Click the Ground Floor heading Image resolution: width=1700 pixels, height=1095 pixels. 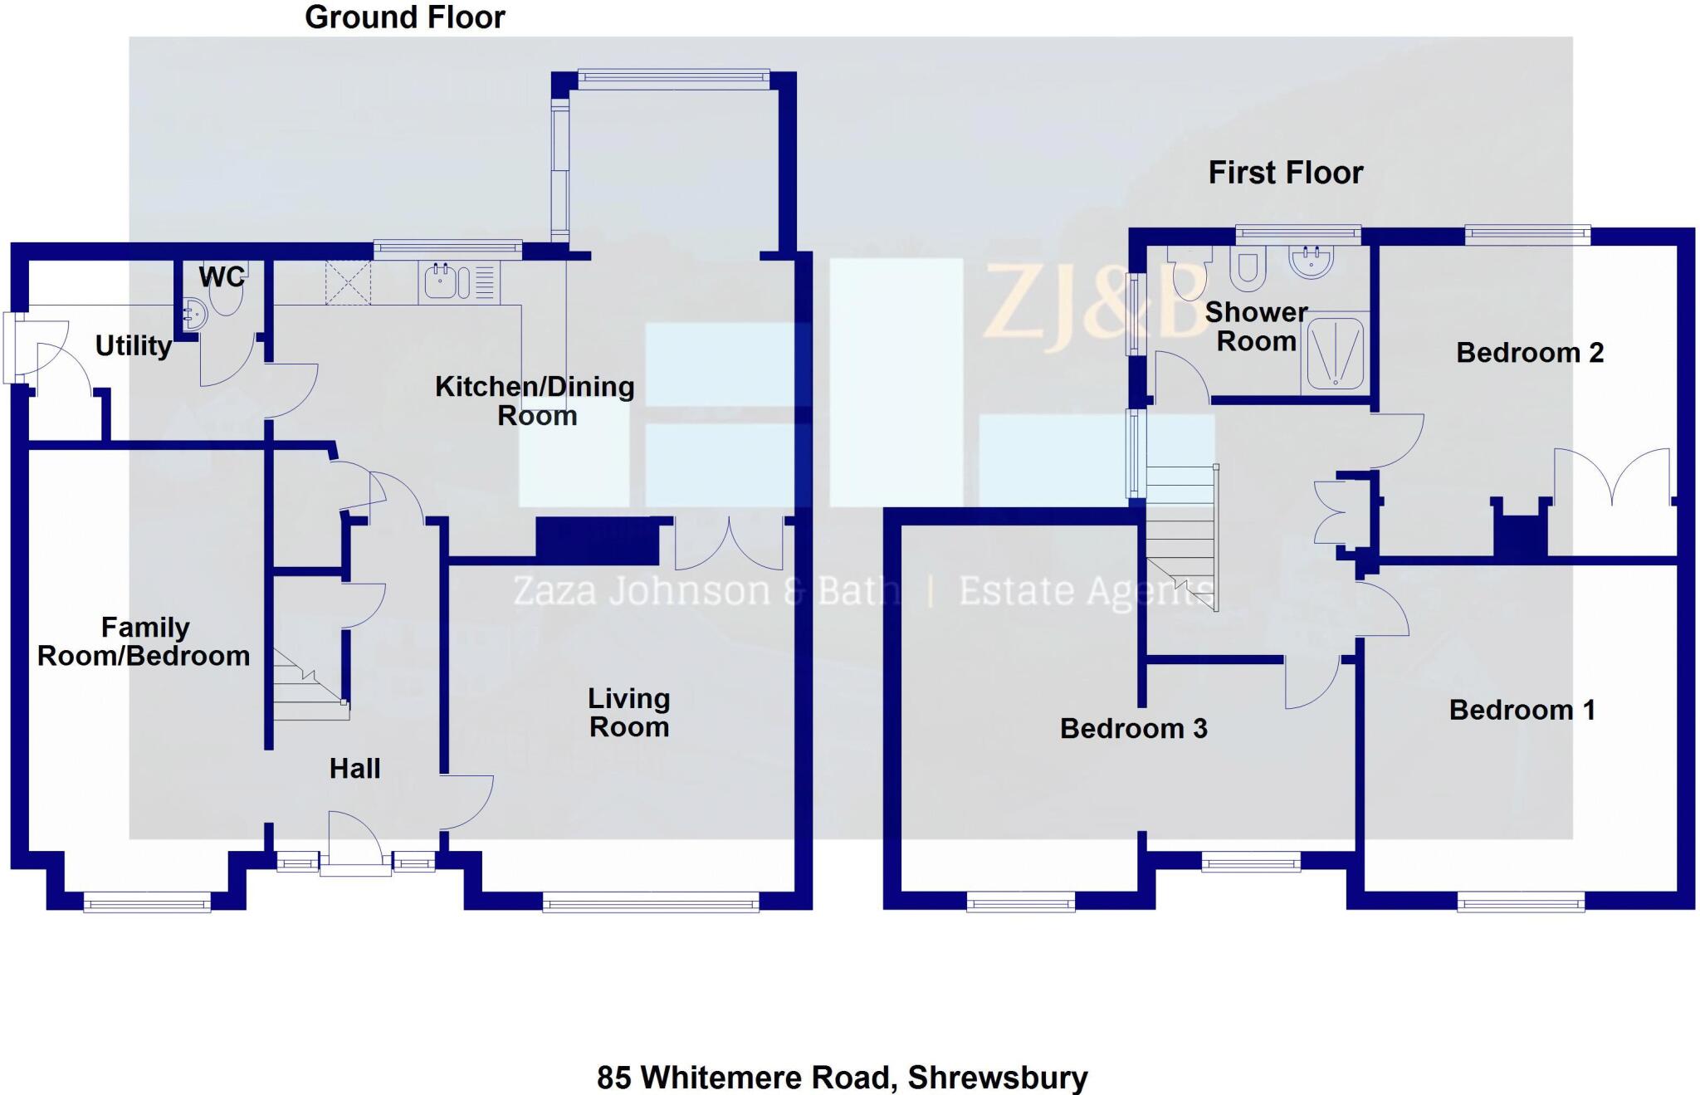(x=405, y=17)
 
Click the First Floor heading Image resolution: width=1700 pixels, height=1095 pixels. (x=1285, y=173)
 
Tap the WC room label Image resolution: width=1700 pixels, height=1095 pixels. (x=222, y=276)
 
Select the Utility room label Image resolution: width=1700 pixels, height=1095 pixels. (x=133, y=345)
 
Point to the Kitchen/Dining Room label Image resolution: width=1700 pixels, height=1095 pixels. (x=535, y=400)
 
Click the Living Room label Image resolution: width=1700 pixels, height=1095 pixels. (x=628, y=712)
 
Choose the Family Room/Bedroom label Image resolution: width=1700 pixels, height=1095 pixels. (x=144, y=641)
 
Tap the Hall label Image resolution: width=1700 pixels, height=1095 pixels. (x=354, y=769)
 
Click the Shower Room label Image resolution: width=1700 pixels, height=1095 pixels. (x=1256, y=326)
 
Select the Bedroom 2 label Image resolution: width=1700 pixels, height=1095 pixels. (x=1529, y=353)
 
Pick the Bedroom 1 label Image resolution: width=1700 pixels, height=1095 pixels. (x=1522, y=710)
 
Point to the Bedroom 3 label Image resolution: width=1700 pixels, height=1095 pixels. (x=1133, y=728)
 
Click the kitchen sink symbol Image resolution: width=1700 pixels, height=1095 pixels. (x=441, y=281)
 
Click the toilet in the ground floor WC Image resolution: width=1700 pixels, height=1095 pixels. (x=227, y=297)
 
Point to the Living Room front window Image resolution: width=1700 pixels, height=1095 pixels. (x=650, y=902)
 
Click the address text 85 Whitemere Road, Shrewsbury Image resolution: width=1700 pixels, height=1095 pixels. (x=842, y=1077)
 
